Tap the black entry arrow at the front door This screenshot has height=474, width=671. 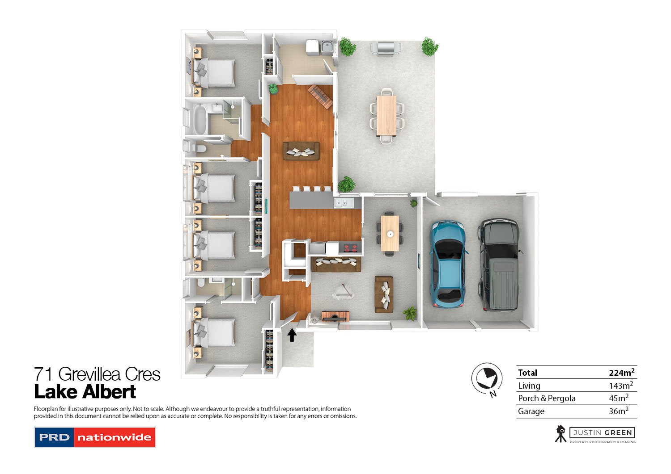tap(292, 335)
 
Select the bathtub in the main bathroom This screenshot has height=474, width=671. tap(199, 120)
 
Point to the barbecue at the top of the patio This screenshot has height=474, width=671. tap(386, 47)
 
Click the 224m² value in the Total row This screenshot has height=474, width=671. tap(621, 373)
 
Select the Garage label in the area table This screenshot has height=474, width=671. tap(531, 411)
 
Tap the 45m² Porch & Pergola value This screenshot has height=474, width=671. tap(618, 398)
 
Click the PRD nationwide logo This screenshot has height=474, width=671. tap(95, 437)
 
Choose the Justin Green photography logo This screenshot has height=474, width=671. tap(595, 434)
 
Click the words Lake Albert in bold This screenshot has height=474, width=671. tap(85, 392)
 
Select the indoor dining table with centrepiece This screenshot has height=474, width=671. tap(390, 233)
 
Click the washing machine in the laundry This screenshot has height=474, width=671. tap(312, 46)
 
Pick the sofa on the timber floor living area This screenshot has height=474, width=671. tap(301, 151)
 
